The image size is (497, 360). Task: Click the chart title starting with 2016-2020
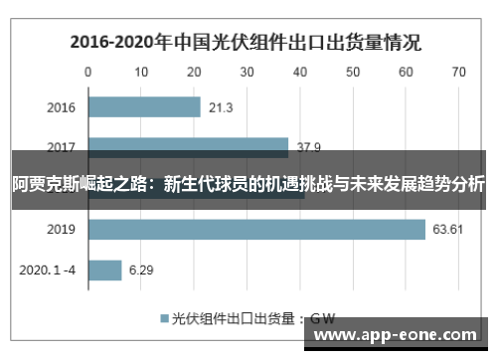coord(245,43)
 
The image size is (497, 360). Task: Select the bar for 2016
coord(144,106)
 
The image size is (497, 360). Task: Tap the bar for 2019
coord(256,229)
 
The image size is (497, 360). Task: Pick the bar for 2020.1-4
coord(104,270)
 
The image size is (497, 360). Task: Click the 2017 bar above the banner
coord(188,145)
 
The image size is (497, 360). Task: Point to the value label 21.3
coord(221,107)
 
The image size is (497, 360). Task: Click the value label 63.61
coord(448,230)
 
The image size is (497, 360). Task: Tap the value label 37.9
coord(309,147)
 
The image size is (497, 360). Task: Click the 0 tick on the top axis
coord(88,72)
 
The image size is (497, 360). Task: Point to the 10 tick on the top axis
coord(141,72)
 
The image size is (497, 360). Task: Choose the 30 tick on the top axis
coord(247,72)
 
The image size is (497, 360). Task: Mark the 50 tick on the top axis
coord(353,72)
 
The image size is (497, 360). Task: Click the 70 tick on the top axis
coord(458,72)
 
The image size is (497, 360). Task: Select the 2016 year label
coord(61,107)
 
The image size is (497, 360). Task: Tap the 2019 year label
coord(61,230)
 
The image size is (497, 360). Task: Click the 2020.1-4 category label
coord(48,270)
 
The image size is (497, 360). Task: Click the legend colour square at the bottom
coord(165,319)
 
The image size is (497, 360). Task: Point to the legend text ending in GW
coord(254,319)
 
